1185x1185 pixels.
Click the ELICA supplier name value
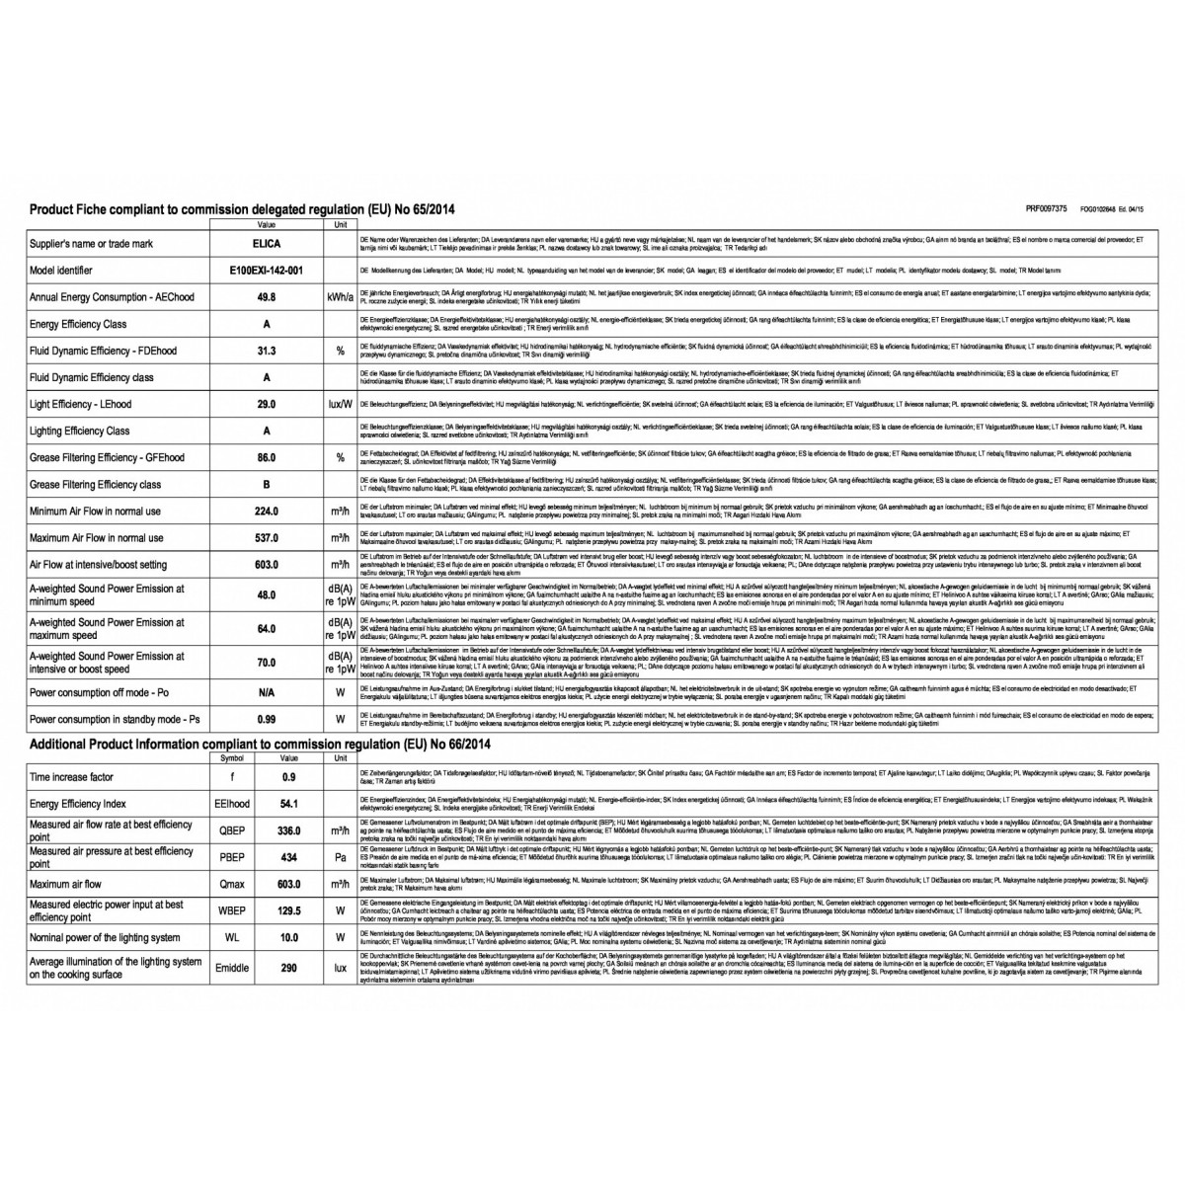[267, 243]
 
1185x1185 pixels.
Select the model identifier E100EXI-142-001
[267, 270]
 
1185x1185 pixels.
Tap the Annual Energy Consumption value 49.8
[267, 296]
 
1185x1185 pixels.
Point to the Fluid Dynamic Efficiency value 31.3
[267, 351]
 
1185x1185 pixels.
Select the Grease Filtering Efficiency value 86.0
[267, 457]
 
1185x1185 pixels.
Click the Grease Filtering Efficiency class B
[267, 485]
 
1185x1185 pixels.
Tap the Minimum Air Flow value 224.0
[267, 512]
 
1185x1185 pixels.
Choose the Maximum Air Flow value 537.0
[267, 538]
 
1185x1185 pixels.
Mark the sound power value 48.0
[267, 595]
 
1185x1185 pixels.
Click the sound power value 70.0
[267, 662]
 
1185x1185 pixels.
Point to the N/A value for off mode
[267, 693]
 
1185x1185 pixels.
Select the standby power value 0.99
[267, 720]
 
